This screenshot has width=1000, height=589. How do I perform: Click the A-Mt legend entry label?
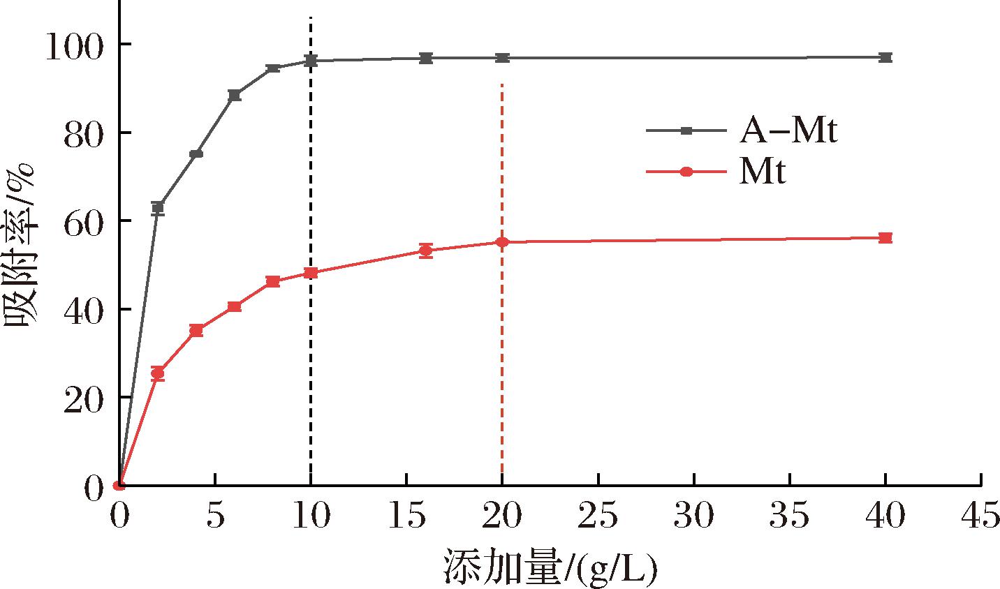click(786, 131)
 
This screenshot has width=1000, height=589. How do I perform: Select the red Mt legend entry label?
click(763, 172)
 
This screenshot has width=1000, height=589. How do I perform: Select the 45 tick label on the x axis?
click(981, 518)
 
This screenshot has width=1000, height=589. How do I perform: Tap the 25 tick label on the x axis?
click(598, 518)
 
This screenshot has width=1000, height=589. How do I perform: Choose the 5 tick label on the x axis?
click(215, 518)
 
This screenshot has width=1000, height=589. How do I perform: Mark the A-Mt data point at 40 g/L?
click(885, 57)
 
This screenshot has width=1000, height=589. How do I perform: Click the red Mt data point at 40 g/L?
click(885, 238)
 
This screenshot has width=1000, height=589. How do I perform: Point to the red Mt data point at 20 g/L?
click(502, 242)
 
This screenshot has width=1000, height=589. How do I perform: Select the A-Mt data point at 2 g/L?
click(158, 207)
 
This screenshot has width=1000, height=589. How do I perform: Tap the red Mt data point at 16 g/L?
click(425, 251)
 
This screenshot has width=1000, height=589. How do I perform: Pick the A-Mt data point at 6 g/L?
click(235, 95)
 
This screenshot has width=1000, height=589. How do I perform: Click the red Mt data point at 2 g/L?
click(158, 373)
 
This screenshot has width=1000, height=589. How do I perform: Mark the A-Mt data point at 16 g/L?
click(425, 58)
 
